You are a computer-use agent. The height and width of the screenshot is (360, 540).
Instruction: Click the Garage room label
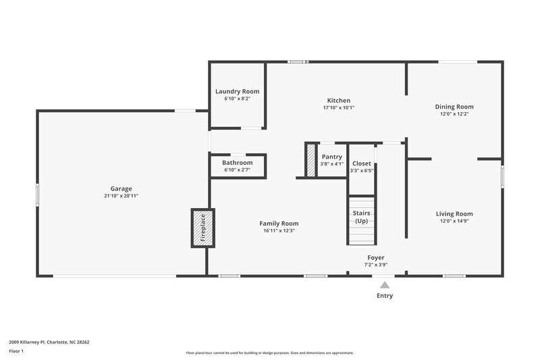[122, 188]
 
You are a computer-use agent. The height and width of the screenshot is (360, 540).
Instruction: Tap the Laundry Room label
[237, 91]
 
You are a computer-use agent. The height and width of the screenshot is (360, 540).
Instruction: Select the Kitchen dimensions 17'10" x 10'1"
[338, 107]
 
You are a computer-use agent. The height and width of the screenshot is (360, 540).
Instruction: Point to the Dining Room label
[454, 107]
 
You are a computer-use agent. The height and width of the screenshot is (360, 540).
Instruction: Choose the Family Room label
[279, 224]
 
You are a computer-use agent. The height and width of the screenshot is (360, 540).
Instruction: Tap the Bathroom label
[237, 163]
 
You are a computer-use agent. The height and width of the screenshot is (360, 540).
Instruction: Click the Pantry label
[331, 157]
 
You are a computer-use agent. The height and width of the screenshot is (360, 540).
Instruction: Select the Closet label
[361, 163]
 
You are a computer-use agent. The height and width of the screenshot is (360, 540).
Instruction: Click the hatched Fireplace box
[202, 227]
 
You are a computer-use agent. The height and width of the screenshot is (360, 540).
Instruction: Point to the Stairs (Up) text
[361, 217]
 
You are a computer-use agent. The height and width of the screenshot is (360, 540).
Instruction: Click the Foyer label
[376, 257]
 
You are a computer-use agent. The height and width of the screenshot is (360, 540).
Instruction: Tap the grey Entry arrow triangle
[385, 285]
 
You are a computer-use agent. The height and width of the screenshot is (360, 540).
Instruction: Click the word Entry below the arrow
[385, 296]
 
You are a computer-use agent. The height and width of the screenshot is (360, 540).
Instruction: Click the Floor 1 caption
[16, 351]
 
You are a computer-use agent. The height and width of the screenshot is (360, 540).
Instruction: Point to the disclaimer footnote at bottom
[269, 353]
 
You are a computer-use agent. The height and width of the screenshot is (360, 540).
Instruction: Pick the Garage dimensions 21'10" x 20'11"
[122, 196]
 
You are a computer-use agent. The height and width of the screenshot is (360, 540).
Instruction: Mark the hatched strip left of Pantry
[311, 161]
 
